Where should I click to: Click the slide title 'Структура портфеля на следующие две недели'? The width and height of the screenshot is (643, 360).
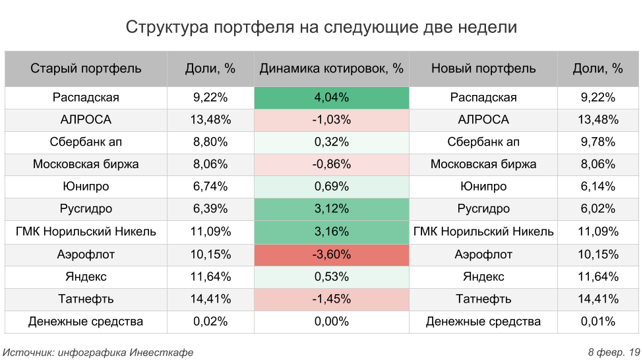point(321,28)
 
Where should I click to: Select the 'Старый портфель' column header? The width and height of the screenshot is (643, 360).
point(86,69)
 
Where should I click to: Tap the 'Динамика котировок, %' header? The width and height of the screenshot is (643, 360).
point(331,69)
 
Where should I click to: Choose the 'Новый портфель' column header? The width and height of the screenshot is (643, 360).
point(483,69)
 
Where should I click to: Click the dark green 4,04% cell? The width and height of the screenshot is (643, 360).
point(331,98)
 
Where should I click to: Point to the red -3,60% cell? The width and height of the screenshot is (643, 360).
point(331,255)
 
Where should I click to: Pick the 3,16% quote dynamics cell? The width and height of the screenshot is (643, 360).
point(331,232)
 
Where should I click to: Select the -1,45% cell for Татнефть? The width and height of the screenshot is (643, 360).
point(331,299)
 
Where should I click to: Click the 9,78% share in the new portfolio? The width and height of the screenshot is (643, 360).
point(599,142)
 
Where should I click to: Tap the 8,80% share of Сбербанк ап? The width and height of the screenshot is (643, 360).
point(210,142)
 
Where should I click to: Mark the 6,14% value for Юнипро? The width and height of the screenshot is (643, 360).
point(599,187)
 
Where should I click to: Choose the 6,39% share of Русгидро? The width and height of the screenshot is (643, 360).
point(210,210)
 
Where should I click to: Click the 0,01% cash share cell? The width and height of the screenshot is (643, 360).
point(599,322)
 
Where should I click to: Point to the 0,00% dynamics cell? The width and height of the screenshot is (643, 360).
point(331,322)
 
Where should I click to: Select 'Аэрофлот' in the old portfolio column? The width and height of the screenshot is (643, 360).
point(86,255)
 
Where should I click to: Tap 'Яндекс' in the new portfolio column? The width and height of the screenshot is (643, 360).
point(483,277)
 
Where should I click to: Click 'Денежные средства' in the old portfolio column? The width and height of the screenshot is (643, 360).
point(86,322)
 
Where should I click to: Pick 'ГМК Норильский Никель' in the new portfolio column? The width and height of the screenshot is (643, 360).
point(483,232)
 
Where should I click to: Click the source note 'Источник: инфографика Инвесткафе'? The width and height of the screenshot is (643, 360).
point(98,352)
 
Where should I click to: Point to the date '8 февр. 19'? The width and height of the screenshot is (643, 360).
point(613,352)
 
